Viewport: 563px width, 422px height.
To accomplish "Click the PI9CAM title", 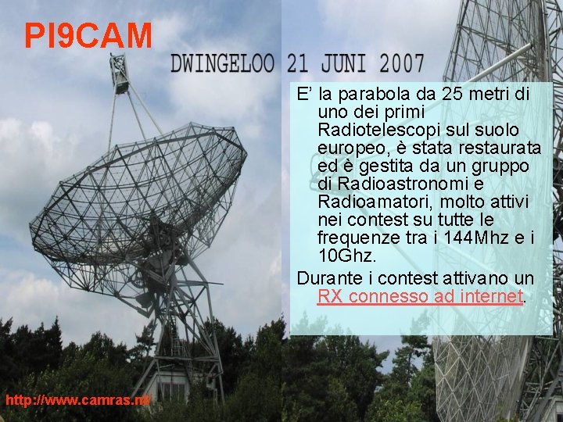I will tap(88, 35).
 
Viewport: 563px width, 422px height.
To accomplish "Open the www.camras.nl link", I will tap(78, 400).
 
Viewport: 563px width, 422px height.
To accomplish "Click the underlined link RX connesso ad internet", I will tap(420, 296).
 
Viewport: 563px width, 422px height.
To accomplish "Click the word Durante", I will tap(328, 278).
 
